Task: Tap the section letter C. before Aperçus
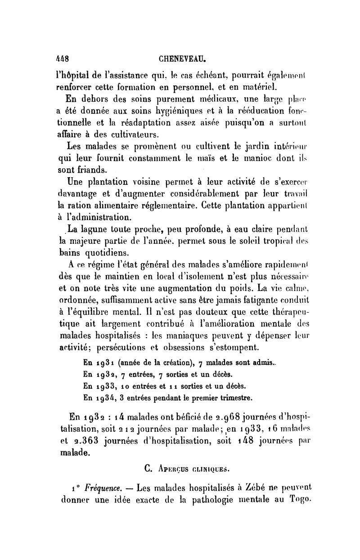(149, 469)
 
